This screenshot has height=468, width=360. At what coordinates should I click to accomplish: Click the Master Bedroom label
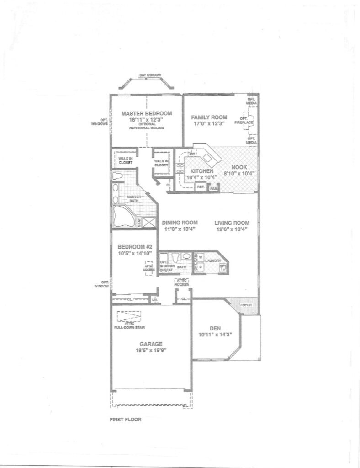pyautogui.click(x=146, y=113)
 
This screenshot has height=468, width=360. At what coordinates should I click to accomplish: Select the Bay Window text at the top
pyautogui.click(x=147, y=74)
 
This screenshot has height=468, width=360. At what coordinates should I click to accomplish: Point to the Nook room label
pyautogui.click(x=239, y=167)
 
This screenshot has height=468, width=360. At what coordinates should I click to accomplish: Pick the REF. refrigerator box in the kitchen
pyautogui.click(x=200, y=186)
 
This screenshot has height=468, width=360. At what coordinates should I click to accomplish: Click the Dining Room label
pyautogui.click(x=179, y=223)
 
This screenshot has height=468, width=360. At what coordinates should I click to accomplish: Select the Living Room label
pyautogui.click(x=232, y=223)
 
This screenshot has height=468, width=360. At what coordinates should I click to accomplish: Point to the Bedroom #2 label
pyautogui.click(x=134, y=245)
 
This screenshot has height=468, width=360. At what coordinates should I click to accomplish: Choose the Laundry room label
pyautogui.click(x=213, y=260)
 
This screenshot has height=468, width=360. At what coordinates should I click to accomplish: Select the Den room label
pyautogui.click(x=215, y=328)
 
